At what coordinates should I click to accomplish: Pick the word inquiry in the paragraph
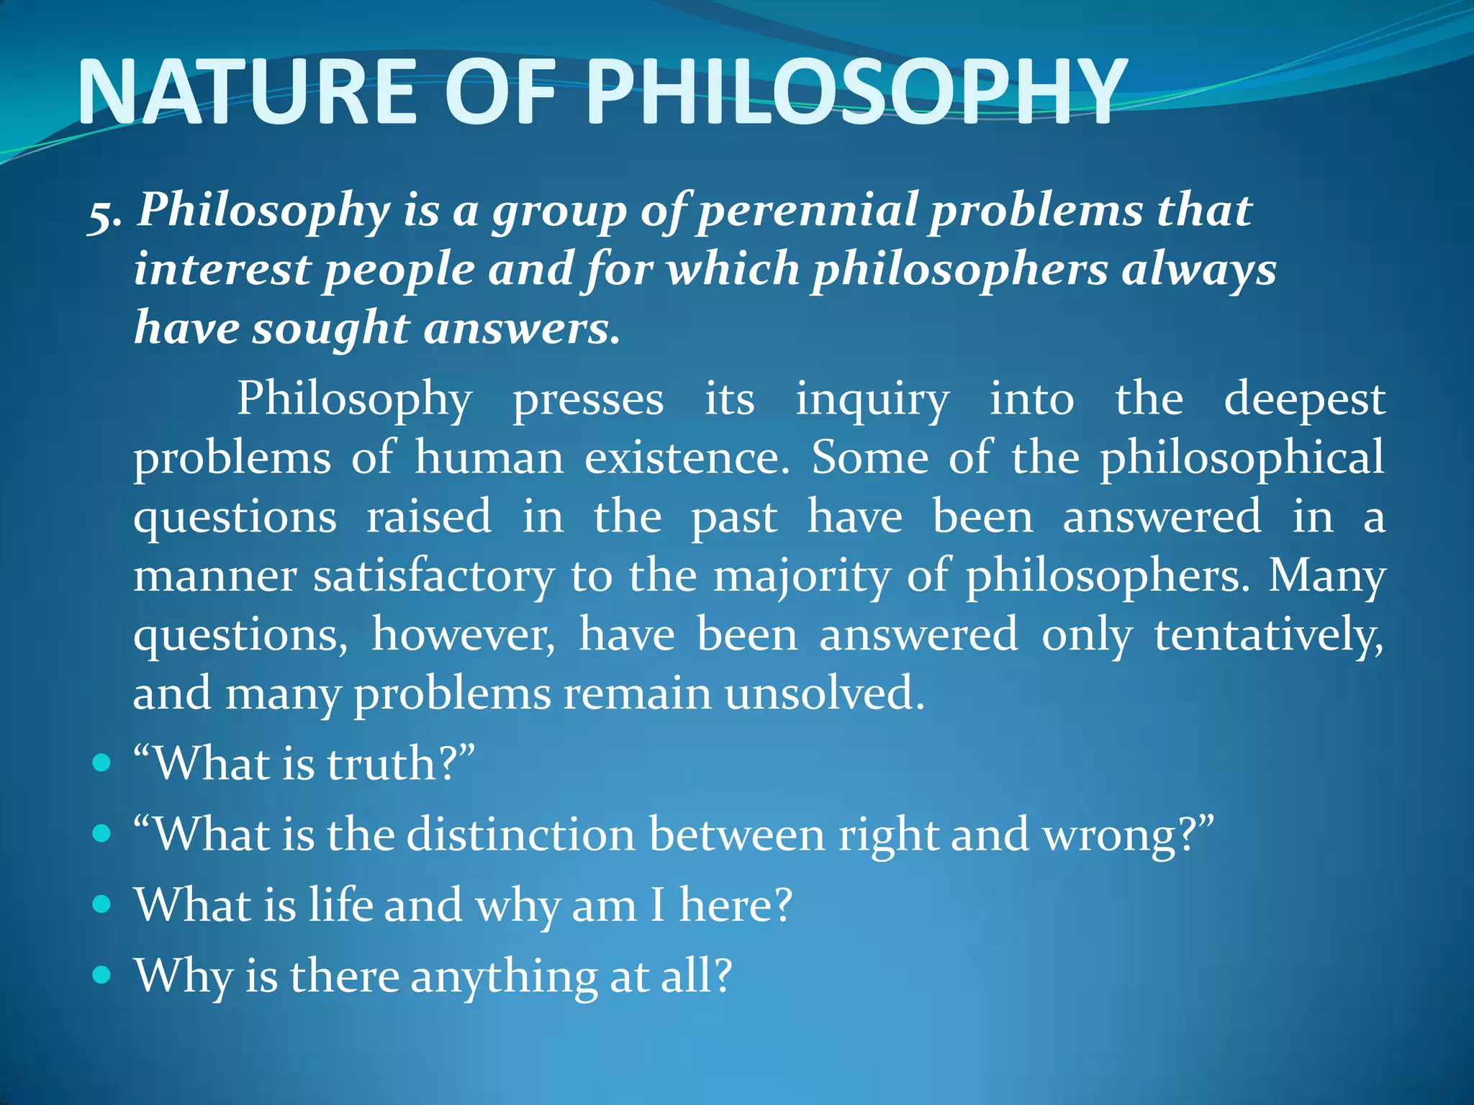(872, 400)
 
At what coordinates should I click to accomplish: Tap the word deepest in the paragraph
(1304, 400)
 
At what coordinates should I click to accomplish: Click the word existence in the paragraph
(687, 458)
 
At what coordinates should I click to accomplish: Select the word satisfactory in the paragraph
(434, 576)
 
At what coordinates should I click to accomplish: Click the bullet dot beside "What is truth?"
(102, 763)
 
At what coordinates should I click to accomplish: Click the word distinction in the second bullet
(521, 835)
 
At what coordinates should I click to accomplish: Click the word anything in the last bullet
(504, 977)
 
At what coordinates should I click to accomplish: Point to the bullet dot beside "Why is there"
(102, 975)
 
